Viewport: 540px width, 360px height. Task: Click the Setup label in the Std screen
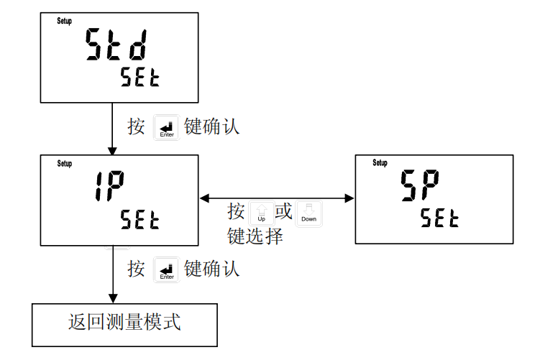64,22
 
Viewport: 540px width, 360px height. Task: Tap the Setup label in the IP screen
64,164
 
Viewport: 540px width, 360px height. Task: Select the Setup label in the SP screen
380,163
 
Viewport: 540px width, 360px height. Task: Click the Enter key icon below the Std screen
166,127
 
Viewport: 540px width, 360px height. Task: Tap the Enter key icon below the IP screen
166,269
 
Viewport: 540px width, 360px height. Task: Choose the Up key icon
261,213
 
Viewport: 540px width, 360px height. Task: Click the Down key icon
308,213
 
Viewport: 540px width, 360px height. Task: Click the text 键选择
255,236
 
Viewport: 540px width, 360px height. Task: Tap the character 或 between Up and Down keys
285,212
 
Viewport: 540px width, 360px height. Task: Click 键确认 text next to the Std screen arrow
211,127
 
